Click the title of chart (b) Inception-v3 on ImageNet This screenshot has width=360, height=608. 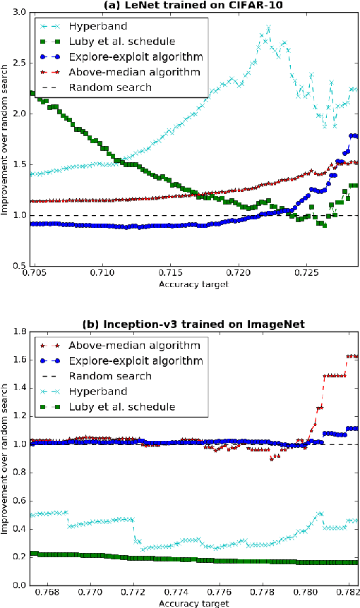coord(193,324)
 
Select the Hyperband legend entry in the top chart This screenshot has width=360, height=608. coord(89,27)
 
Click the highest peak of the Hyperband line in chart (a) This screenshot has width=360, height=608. coord(268,27)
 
